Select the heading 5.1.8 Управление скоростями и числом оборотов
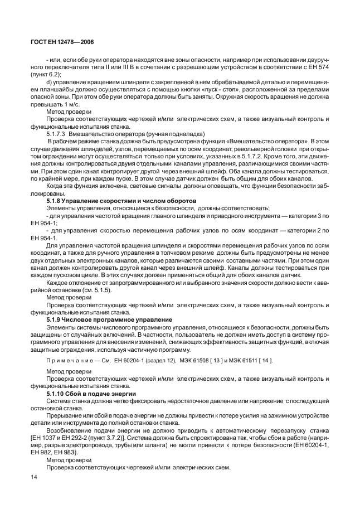[x=121, y=199]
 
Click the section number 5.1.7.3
[x=56, y=134]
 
